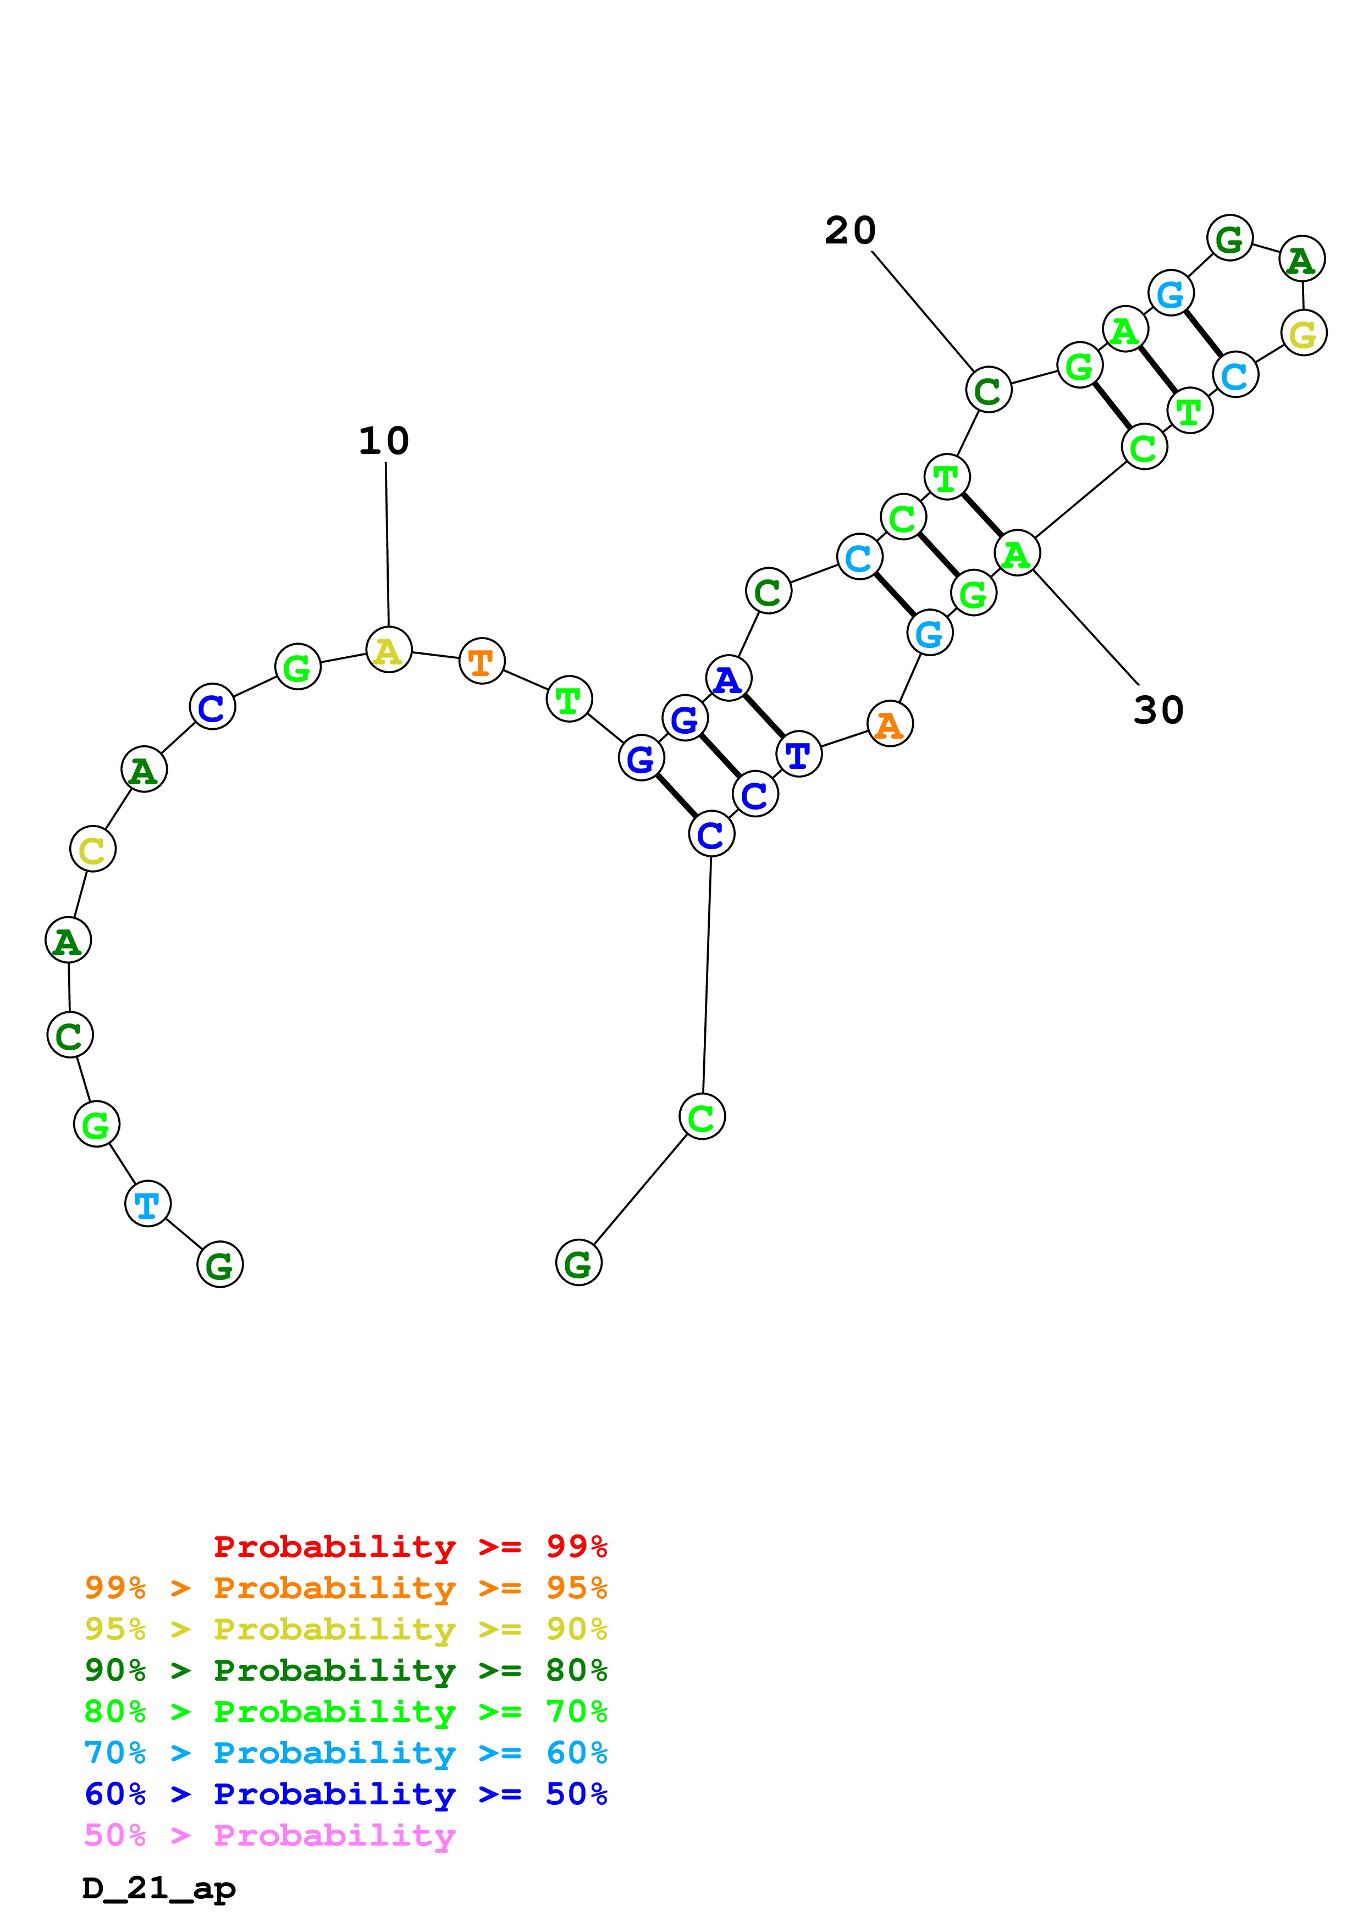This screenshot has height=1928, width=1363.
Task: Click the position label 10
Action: tap(384, 441)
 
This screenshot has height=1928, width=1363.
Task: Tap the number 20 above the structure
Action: tap(850, 230)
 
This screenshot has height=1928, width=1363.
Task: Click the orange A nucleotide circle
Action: tap(890, 724)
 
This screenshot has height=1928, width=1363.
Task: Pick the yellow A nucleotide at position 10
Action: tap(388, 650)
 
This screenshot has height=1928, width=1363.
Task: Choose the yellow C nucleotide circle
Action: tap(92, 850)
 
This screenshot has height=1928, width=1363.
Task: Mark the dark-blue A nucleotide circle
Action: tap(728, 679)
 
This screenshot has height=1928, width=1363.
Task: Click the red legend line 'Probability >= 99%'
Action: tap(410, 1547)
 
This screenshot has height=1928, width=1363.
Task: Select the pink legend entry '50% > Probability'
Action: tap(269, 1835)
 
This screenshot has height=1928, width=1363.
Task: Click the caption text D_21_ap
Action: tap(159, 1888)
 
